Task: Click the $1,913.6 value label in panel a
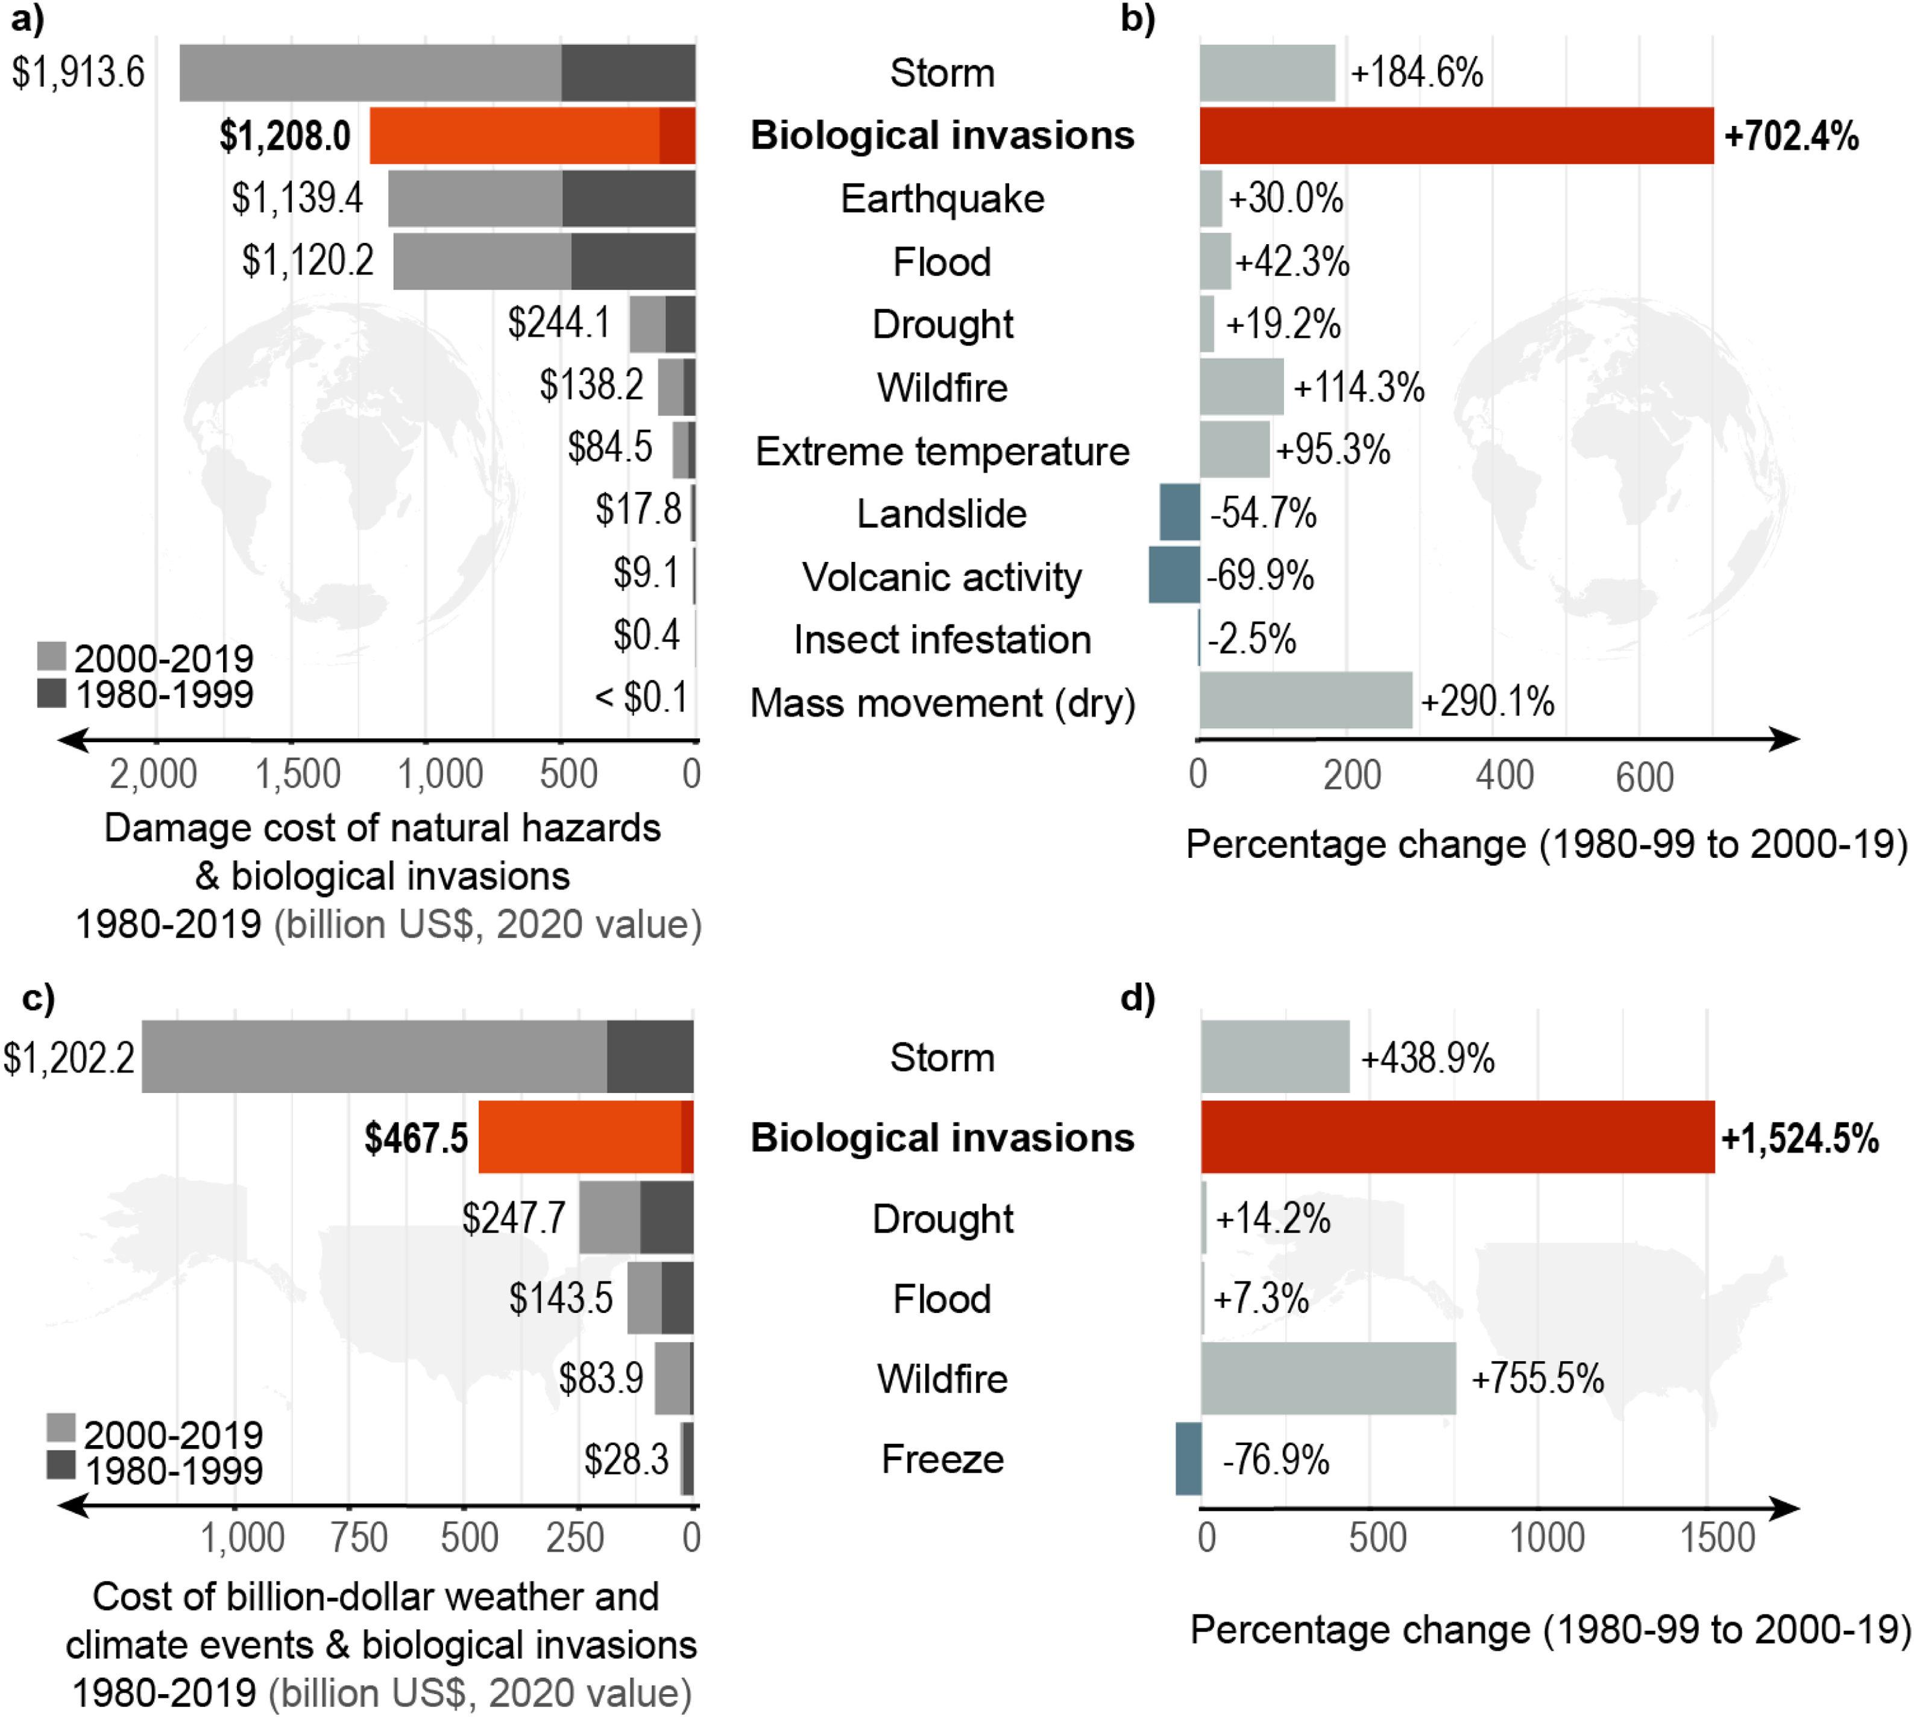(78, 72)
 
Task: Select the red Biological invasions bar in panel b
(1456, 136)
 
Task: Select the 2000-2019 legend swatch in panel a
(52, 657)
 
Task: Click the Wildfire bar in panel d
(1328, 1378)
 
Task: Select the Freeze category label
(942, 1460)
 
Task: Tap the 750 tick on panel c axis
(359, 1539)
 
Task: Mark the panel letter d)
(1138, 998)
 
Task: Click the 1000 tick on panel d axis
(1547, 1539)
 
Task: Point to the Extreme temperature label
(942, 451)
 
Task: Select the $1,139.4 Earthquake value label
(297, 198)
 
